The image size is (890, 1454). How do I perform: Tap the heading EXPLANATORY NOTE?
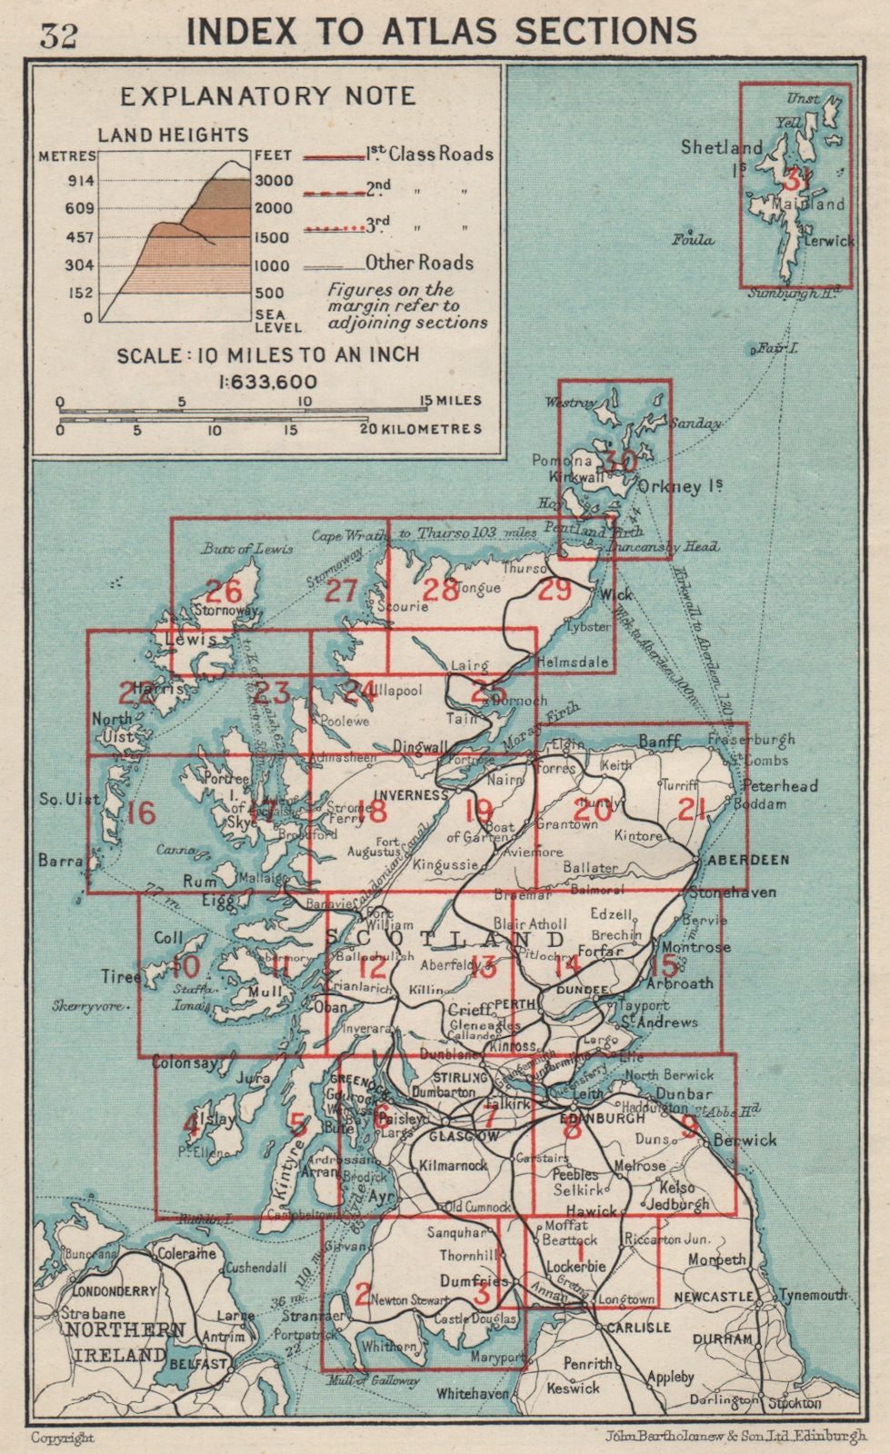coord(267,96)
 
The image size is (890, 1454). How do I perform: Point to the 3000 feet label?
coord(273,181)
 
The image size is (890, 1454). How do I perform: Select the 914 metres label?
coord(80,181)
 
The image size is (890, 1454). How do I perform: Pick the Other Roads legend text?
coord(419,264)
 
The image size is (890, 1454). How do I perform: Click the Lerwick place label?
coord(828,242)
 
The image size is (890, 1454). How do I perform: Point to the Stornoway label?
coord(226,612)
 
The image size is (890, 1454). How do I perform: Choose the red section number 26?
coord(224,592)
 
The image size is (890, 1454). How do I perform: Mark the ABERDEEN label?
coord(748,859)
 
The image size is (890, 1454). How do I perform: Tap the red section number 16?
coord(142,812)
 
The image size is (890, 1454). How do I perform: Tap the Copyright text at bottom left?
coord(63,1438)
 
